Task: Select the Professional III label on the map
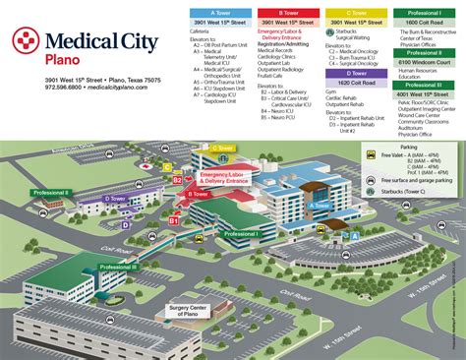coord(120,268)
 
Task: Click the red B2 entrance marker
coord(178,180)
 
